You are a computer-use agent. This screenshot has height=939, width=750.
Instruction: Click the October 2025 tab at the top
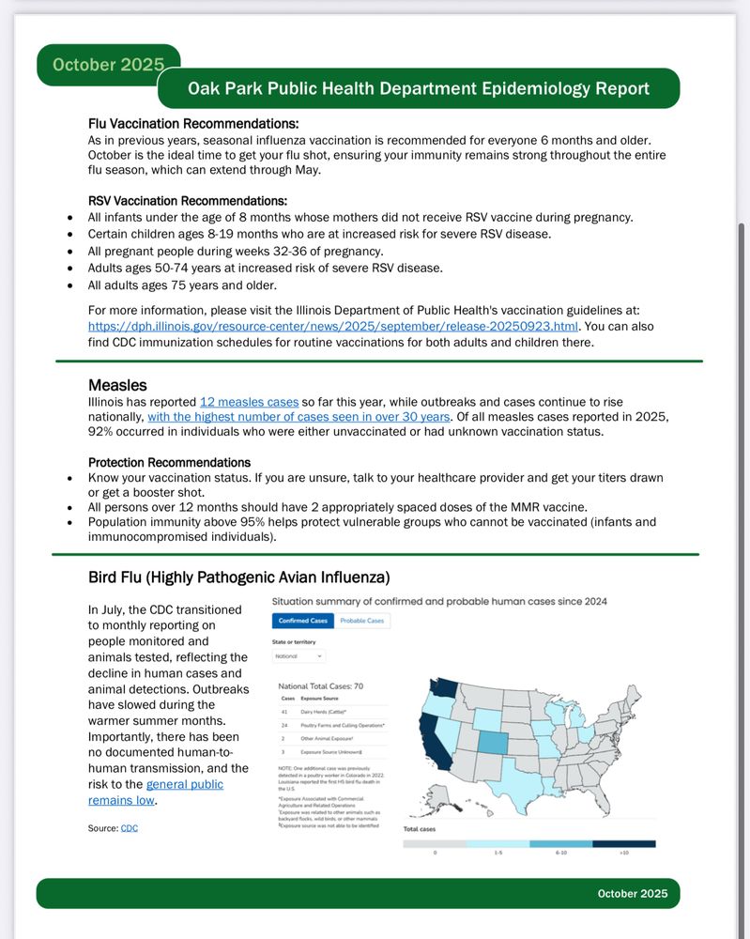tap(108, 65)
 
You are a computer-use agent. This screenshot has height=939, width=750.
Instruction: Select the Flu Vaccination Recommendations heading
tap(193, 124)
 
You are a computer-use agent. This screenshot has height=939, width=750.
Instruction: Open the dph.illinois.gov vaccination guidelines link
tap(333, 326)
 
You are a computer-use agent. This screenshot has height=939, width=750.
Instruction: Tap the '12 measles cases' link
tap(249, 401)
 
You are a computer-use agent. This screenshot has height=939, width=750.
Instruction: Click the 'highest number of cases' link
tap(298, 416)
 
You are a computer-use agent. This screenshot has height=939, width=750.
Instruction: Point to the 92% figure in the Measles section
tap(101, 432)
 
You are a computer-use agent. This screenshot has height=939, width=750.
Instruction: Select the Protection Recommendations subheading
tap(169, 462)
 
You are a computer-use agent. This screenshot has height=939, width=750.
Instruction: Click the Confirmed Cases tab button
tap(302, 621)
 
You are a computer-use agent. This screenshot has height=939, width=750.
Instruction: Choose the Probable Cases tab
tap(361, 621)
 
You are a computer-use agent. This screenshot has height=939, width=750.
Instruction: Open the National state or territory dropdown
tap(298, 655)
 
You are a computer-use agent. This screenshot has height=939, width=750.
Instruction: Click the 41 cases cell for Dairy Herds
tap(284, 712)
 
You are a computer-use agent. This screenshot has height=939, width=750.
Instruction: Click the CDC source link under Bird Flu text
tap(130, 828)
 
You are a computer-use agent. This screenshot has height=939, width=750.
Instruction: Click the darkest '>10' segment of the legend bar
tap(623, 843)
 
